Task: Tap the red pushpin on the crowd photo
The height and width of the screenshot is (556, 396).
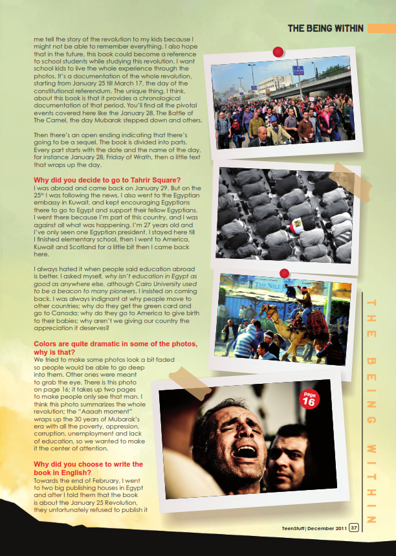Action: tap(278, 51)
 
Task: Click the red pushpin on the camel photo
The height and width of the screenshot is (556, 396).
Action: tap(284, 273)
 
